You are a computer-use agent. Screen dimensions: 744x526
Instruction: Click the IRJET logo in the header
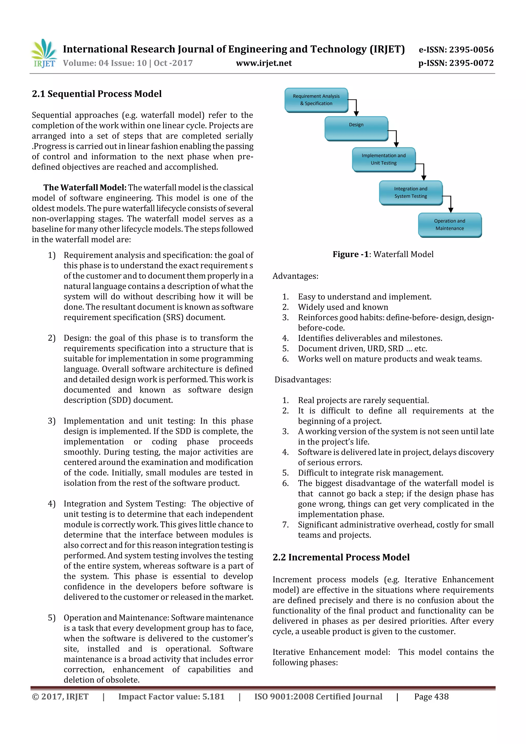44,53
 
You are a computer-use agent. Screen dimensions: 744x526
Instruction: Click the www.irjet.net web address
264,63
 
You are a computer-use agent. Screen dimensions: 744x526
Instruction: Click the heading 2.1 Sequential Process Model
97,94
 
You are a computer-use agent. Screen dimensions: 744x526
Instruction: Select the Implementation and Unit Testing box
383,159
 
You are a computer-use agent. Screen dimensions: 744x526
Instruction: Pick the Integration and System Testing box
410,192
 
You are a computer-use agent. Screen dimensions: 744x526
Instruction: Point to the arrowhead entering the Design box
356,114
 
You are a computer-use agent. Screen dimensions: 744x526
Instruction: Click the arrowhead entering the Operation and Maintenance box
450,210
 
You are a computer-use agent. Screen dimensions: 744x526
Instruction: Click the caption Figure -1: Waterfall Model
383,254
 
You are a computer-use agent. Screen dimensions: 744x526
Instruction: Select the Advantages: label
295,276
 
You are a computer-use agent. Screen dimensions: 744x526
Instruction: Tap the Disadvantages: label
303,380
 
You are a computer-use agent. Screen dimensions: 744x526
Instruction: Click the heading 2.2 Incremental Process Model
341,557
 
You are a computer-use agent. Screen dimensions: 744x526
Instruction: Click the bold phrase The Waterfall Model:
85,188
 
